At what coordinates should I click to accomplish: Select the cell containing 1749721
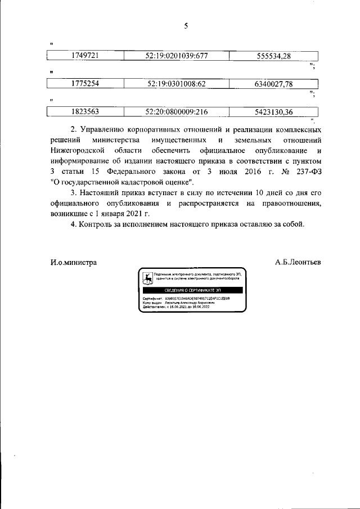point(85,56)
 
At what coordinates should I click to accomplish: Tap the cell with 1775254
point(85,84)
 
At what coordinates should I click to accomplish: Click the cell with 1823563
point(85,112)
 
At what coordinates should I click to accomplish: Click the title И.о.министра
point(73,262)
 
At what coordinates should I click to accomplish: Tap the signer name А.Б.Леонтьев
point(298,262)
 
